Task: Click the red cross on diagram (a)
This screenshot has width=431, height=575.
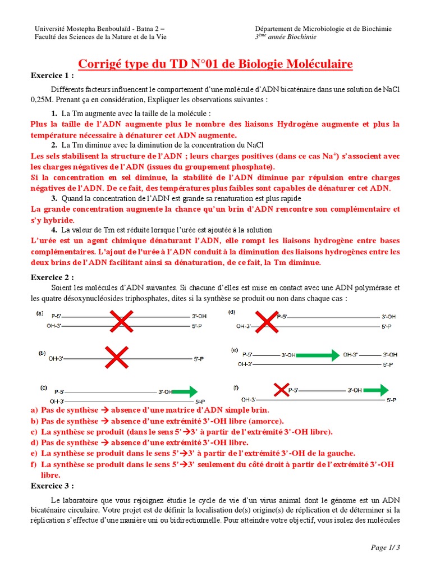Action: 121,322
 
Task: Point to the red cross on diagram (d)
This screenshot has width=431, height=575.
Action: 268,321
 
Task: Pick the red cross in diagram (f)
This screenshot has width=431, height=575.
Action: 281,389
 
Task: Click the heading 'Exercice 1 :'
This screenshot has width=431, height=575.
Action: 52,76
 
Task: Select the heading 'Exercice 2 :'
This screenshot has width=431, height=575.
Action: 52,277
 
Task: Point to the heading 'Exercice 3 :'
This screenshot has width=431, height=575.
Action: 52,486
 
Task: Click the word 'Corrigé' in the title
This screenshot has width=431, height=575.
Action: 101,64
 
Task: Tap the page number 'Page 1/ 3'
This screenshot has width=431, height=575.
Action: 386,547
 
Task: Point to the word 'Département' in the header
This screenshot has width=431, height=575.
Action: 273,29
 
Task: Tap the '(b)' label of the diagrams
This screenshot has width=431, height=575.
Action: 42,353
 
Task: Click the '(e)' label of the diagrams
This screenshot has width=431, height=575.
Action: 234,350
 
